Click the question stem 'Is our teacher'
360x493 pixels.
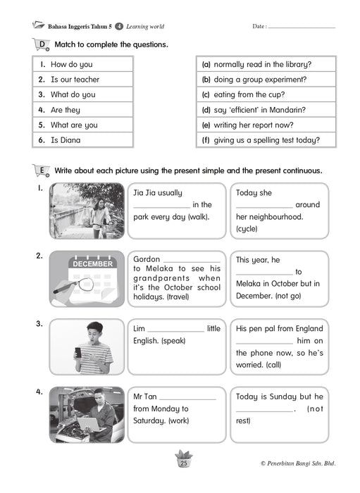coord(75,80)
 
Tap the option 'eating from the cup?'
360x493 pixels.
coord(249,94)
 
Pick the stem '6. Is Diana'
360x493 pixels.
coord(59,140)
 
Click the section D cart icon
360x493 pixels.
coord(41,44)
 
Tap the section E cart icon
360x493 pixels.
coord(41,170)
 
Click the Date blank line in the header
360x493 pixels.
coord(302,28)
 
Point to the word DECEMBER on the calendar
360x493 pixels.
coord(93,264)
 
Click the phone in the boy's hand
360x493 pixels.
coord(77,353)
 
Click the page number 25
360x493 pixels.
coord(184,463)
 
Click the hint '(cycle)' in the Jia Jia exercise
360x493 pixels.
coord(247,229)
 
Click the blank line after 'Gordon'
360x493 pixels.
coord(192,262)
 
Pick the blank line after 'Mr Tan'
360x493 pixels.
coord(187,399)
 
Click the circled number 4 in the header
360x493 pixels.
coord(119,27)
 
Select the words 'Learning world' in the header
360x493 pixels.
coord(145,27)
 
